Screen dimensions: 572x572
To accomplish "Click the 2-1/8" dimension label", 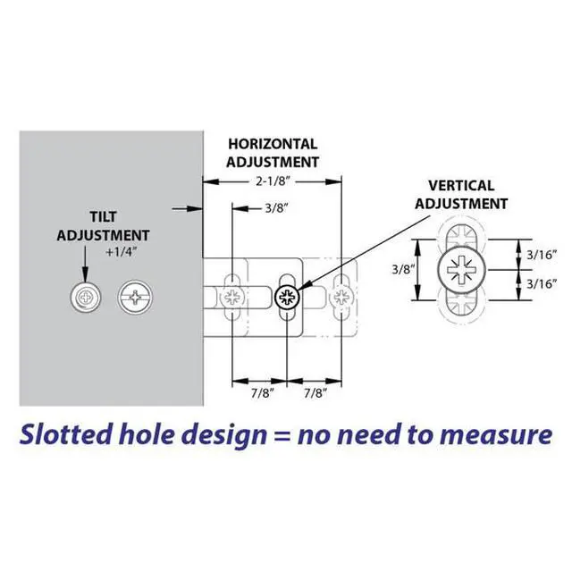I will coord(273,180).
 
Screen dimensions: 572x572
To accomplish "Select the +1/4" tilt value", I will coord(118,252).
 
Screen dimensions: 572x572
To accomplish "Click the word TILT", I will coord(104,217).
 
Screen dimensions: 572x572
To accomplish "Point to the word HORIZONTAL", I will coord(273,144).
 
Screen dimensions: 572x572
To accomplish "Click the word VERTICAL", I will coord(461,186).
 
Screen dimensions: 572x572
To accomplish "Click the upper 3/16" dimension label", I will coord(543,255).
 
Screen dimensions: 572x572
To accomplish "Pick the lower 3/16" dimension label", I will coord(543,284).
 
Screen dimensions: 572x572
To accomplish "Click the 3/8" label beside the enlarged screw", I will coord(403,268).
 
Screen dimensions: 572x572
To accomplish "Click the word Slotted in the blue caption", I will coord(65,434).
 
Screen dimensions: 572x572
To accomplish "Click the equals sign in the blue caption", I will coord(281,436).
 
